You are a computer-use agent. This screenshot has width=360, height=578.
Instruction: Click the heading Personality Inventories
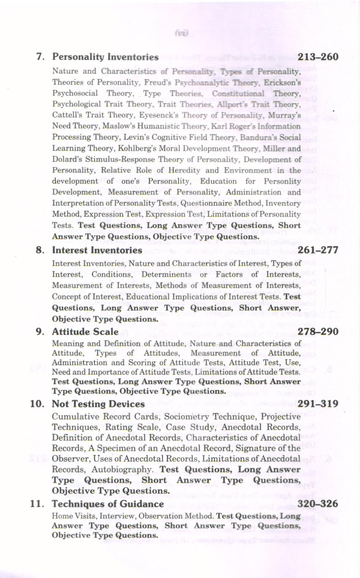(105, 57)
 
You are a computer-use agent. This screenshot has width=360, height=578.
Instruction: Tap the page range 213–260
(318, 57)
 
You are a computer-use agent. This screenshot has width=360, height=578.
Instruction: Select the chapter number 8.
(40, 250)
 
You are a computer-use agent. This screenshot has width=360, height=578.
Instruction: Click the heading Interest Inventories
(97, 250)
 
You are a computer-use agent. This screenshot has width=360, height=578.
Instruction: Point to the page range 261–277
(318, 250)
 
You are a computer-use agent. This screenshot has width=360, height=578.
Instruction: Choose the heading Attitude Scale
(85, 332)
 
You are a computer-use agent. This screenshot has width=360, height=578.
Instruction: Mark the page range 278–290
(318, 332)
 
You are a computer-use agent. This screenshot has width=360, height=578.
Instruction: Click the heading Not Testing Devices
(98, 404)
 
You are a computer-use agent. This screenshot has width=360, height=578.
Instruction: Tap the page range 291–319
(318, 404)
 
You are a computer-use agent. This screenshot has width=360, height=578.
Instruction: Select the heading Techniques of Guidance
(108, 504)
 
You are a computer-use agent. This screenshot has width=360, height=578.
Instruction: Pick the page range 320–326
(318, 504)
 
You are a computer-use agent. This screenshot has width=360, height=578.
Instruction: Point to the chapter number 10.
(37, 404)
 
